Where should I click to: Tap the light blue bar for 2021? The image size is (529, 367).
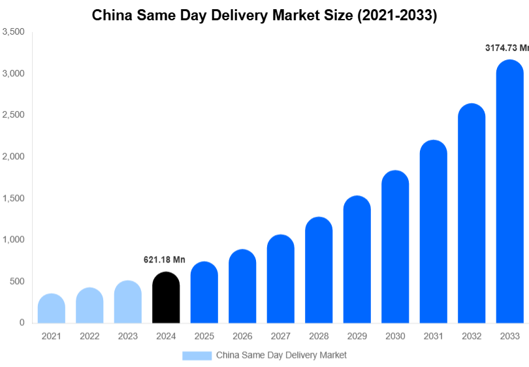coord(52,309)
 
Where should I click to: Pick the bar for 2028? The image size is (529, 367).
coord(319,270)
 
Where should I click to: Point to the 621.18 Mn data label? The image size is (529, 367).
coord(165,260)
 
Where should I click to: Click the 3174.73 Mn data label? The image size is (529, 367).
coord(507,48)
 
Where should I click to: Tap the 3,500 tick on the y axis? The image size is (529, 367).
coord(14,32)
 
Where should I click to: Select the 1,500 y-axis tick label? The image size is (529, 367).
coord(14,199)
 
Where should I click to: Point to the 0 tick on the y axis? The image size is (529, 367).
coord(22,323)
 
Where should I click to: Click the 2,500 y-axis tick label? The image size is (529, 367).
coord(14,115)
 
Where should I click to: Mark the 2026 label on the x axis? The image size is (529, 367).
coord(242,336)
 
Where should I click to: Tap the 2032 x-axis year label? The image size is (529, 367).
coord(472,336)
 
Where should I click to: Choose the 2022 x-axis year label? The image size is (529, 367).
coord(89,336)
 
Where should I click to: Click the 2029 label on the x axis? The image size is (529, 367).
coord(357,336)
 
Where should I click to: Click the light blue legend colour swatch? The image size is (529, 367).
coord(197,355)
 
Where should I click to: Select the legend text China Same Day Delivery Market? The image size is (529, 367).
coord(281,355)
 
